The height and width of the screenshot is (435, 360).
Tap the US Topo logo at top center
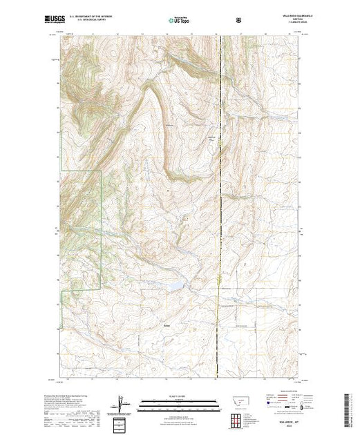tap(179, 21)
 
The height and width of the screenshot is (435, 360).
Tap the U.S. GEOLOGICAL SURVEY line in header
tap(93, 21)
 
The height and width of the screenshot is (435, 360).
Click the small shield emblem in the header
tap(239, 20)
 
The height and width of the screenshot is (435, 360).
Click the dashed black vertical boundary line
tap(220, 207)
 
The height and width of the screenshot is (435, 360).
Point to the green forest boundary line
tap(102, 228)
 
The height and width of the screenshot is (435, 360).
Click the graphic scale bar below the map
tap(179, 406)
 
